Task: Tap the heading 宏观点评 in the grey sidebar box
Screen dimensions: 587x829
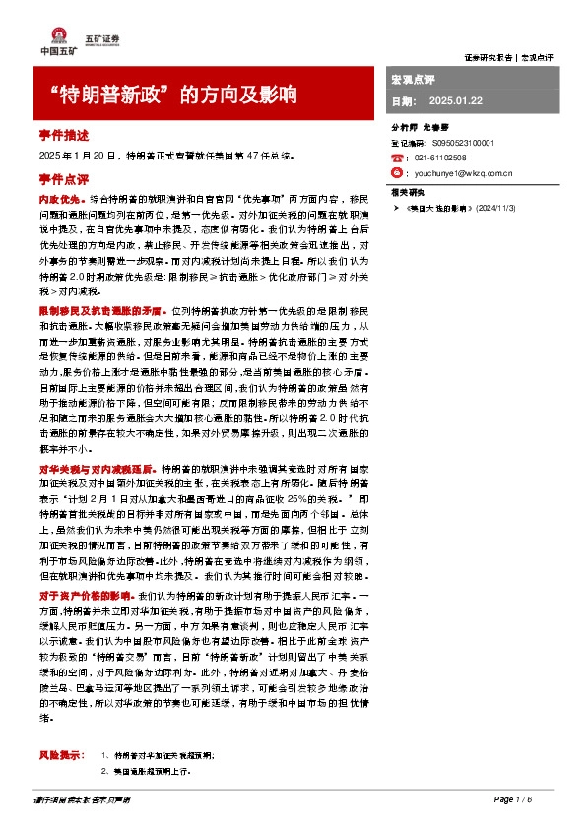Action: click(x=413, y=78)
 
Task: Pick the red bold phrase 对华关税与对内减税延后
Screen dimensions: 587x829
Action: click(x=97, y=443)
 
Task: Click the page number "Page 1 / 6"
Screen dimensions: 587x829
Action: click(x=513, y=799)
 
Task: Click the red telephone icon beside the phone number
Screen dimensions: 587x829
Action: click(x=397, y=157)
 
